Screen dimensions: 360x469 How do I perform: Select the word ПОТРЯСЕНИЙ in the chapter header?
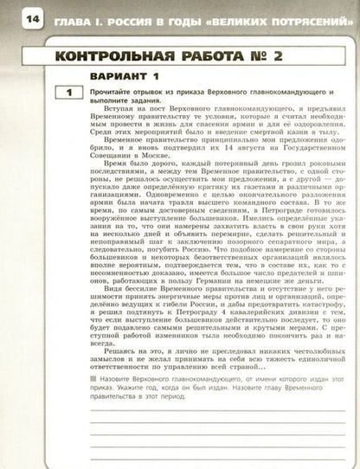coord(292,17)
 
